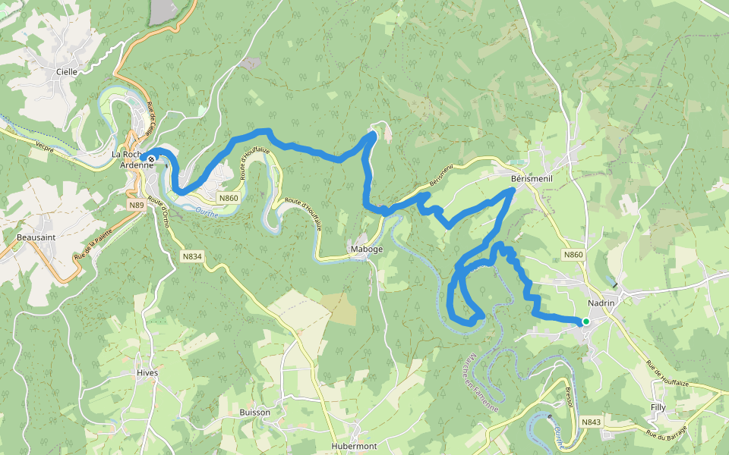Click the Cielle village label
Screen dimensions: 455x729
(x=67, y=72)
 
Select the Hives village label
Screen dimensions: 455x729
(x=147, y=373)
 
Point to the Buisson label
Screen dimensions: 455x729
(x=254, y=413)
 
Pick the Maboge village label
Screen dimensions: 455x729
(x=366, y=249)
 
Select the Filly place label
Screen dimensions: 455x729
(x=658, y=407)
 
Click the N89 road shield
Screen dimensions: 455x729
(x=137, y=205)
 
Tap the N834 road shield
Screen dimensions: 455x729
(x=192, y=256)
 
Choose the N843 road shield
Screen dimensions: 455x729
(x=592, y=422)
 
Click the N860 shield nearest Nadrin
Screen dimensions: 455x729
(x=573, y=255)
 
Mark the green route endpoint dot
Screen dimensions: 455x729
(x=586, y=322)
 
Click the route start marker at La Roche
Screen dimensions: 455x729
(x=152, y=159)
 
